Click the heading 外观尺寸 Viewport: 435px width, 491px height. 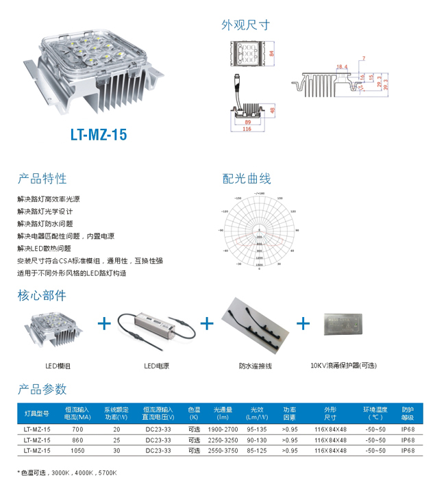point(245,25)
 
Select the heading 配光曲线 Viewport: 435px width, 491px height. point(247,179)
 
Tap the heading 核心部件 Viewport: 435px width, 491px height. point(42,296)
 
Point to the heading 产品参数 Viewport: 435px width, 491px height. point(42,389)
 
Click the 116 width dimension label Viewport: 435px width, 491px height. point(248,129)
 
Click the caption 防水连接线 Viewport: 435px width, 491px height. point(256,366)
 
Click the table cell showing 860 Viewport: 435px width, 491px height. point(77,440)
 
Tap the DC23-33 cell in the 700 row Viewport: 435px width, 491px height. point(158,429)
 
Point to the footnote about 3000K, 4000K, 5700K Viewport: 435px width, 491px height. point(68,473)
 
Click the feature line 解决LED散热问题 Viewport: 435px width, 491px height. point(45,248)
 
